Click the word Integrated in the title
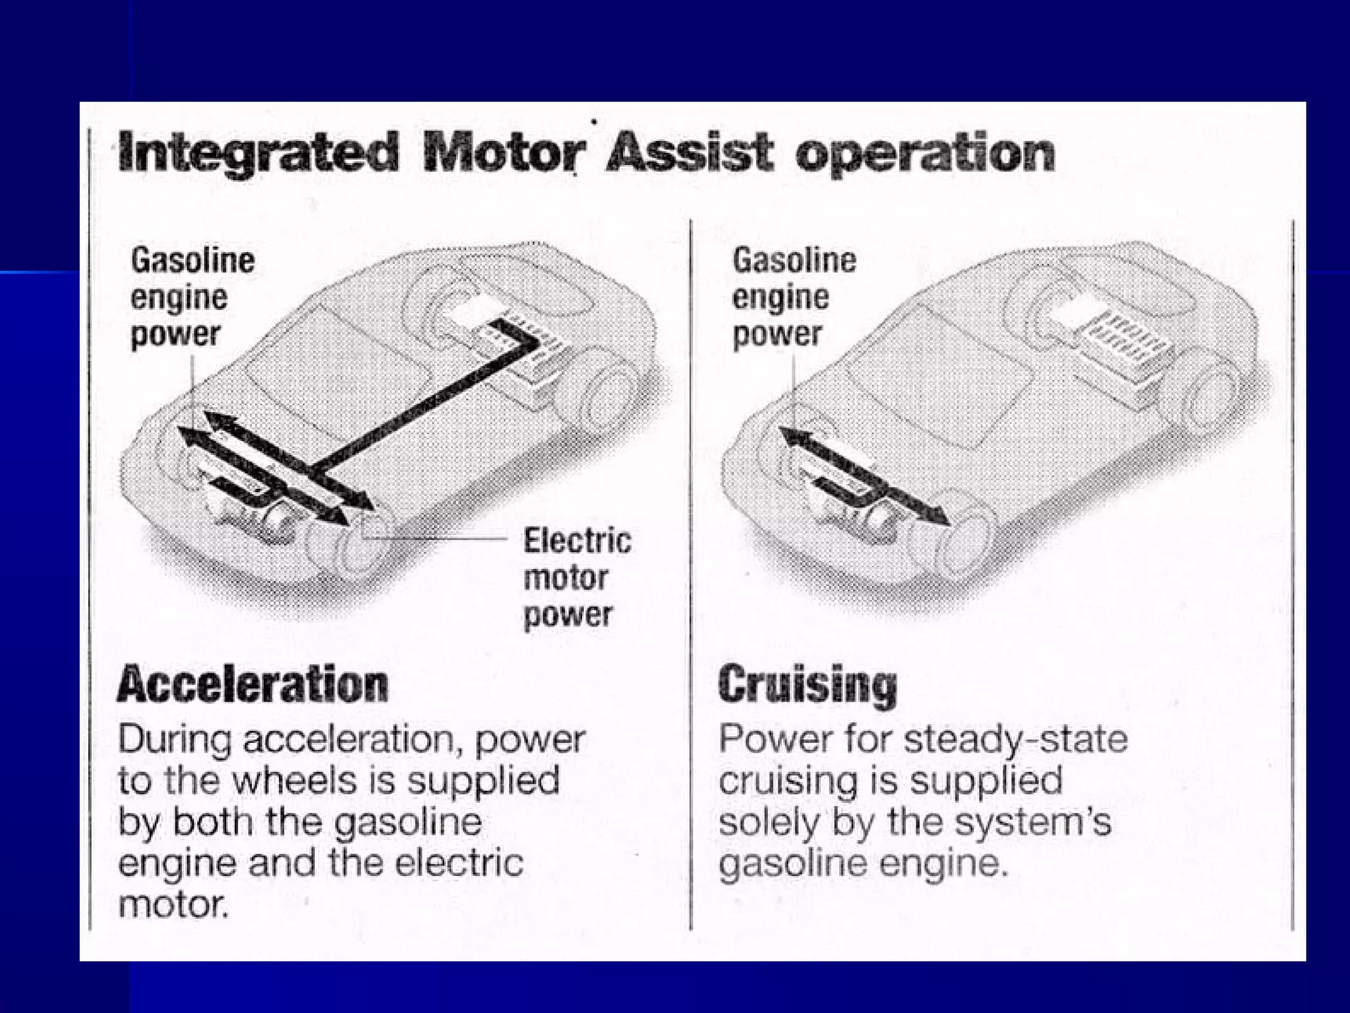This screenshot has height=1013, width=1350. [x=259, y=154]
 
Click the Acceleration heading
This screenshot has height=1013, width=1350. [x=253, y=684]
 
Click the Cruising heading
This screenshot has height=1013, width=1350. [x=807, y=685]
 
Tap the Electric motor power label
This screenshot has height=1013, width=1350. [x=577, y=578]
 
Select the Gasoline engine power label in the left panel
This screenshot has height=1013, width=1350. [x=192, y=297]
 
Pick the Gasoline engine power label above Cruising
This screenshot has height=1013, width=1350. [x=794, y=297]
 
